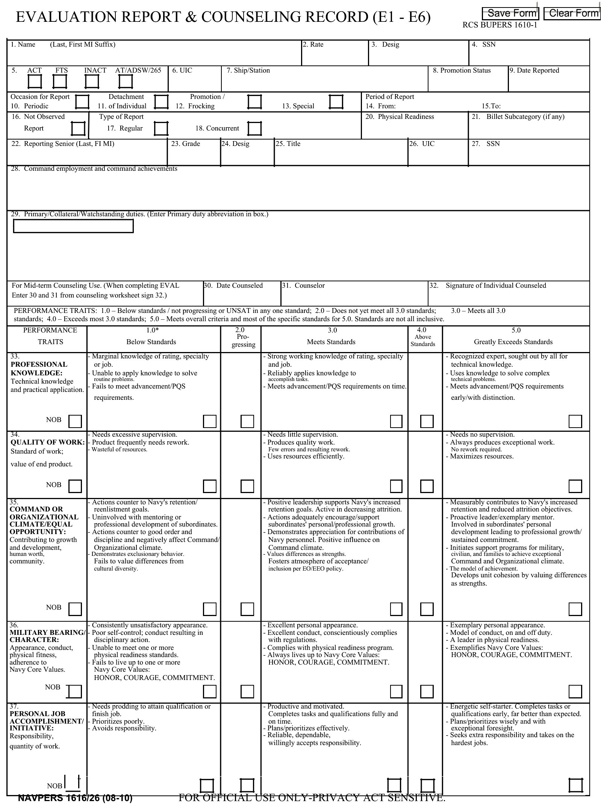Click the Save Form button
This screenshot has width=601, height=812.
510,14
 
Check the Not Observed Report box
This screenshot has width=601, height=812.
79,129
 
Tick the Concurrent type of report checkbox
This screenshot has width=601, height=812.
254,129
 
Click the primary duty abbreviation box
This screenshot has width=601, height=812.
73,226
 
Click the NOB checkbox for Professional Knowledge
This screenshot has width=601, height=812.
75,421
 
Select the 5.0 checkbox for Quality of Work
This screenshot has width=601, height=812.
575,486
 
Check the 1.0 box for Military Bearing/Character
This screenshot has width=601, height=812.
210,691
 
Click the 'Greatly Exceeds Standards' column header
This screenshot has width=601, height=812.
513,342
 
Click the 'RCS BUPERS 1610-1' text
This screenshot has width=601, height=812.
500,25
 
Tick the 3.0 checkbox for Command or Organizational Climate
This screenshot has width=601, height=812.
396,609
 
